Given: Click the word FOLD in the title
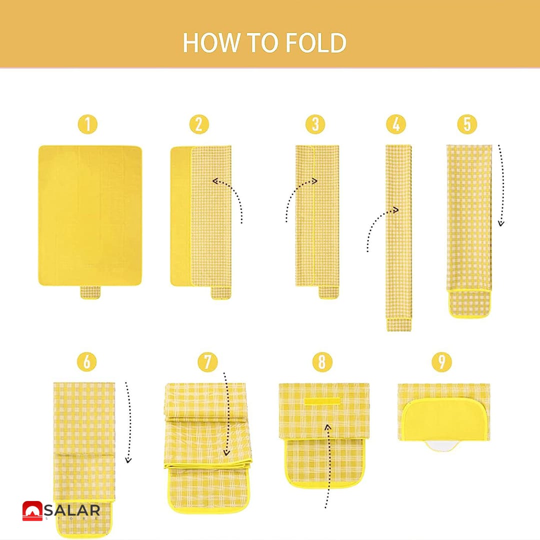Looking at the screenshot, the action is (316, 42).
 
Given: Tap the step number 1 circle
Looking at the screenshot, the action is (87, 124).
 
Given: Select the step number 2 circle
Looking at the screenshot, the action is (199, 124).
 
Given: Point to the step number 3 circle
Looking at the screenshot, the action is (315, 124).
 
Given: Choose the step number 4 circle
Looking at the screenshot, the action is (396, 124).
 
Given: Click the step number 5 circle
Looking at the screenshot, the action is (467, 124).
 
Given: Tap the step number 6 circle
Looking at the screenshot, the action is (87, 361).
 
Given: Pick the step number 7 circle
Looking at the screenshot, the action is (207, 361).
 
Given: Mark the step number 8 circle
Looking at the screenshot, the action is (322, 361).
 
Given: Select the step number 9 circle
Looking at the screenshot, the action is (441, 361).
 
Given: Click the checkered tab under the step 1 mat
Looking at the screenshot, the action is (90, 292).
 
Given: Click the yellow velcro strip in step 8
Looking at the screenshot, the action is (322, 401).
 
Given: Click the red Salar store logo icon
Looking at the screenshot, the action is (32, 511).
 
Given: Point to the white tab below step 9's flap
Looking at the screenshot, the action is (442, 446).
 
